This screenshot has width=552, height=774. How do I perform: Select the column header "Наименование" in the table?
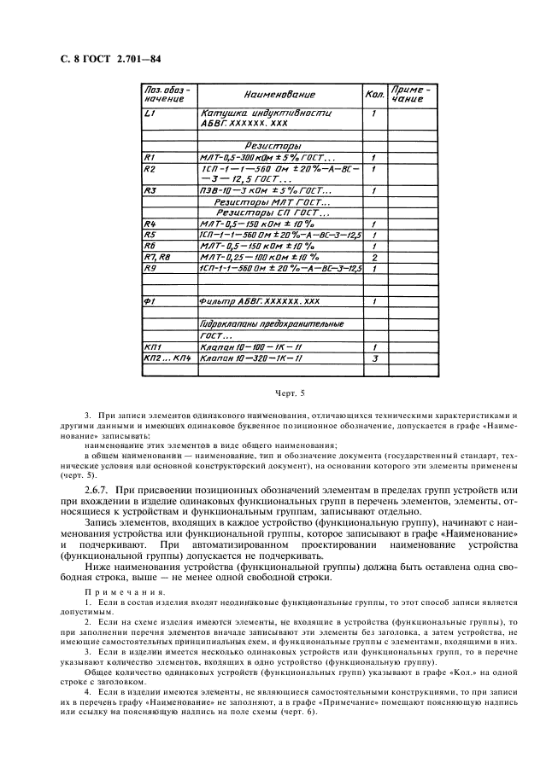[x=279, y=95]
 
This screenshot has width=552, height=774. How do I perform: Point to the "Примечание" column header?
[x=412, y=94]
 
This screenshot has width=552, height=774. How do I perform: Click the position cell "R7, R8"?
[x=159, y=256]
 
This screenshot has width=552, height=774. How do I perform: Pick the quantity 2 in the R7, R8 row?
[x=374, y=256]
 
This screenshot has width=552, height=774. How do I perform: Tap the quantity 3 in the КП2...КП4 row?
[x=374, y=359]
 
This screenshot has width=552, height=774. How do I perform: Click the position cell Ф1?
[x=150, y=301]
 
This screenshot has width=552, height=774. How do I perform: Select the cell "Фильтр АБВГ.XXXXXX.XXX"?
[x=259, y=301]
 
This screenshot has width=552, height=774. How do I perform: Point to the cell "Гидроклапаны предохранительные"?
[x=271, y=325]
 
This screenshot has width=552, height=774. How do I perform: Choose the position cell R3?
[x=150, y=190]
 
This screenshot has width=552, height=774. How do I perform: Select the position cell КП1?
[x=153, y=347]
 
